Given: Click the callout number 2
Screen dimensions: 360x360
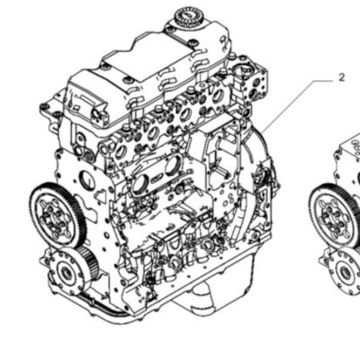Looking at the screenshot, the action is [342, 77].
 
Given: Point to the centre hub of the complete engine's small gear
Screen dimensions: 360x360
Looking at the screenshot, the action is [66, 273].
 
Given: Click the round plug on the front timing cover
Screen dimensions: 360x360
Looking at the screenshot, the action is [87, 181].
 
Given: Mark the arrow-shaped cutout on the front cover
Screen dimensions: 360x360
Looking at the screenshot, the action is [101, 195].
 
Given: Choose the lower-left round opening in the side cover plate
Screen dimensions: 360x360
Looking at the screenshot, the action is [139, 184].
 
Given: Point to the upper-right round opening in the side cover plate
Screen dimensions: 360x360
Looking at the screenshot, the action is [173, 166].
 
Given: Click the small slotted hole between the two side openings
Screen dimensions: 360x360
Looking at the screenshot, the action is [157, 179].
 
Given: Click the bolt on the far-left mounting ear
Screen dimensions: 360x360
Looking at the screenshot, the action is [44, 105].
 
